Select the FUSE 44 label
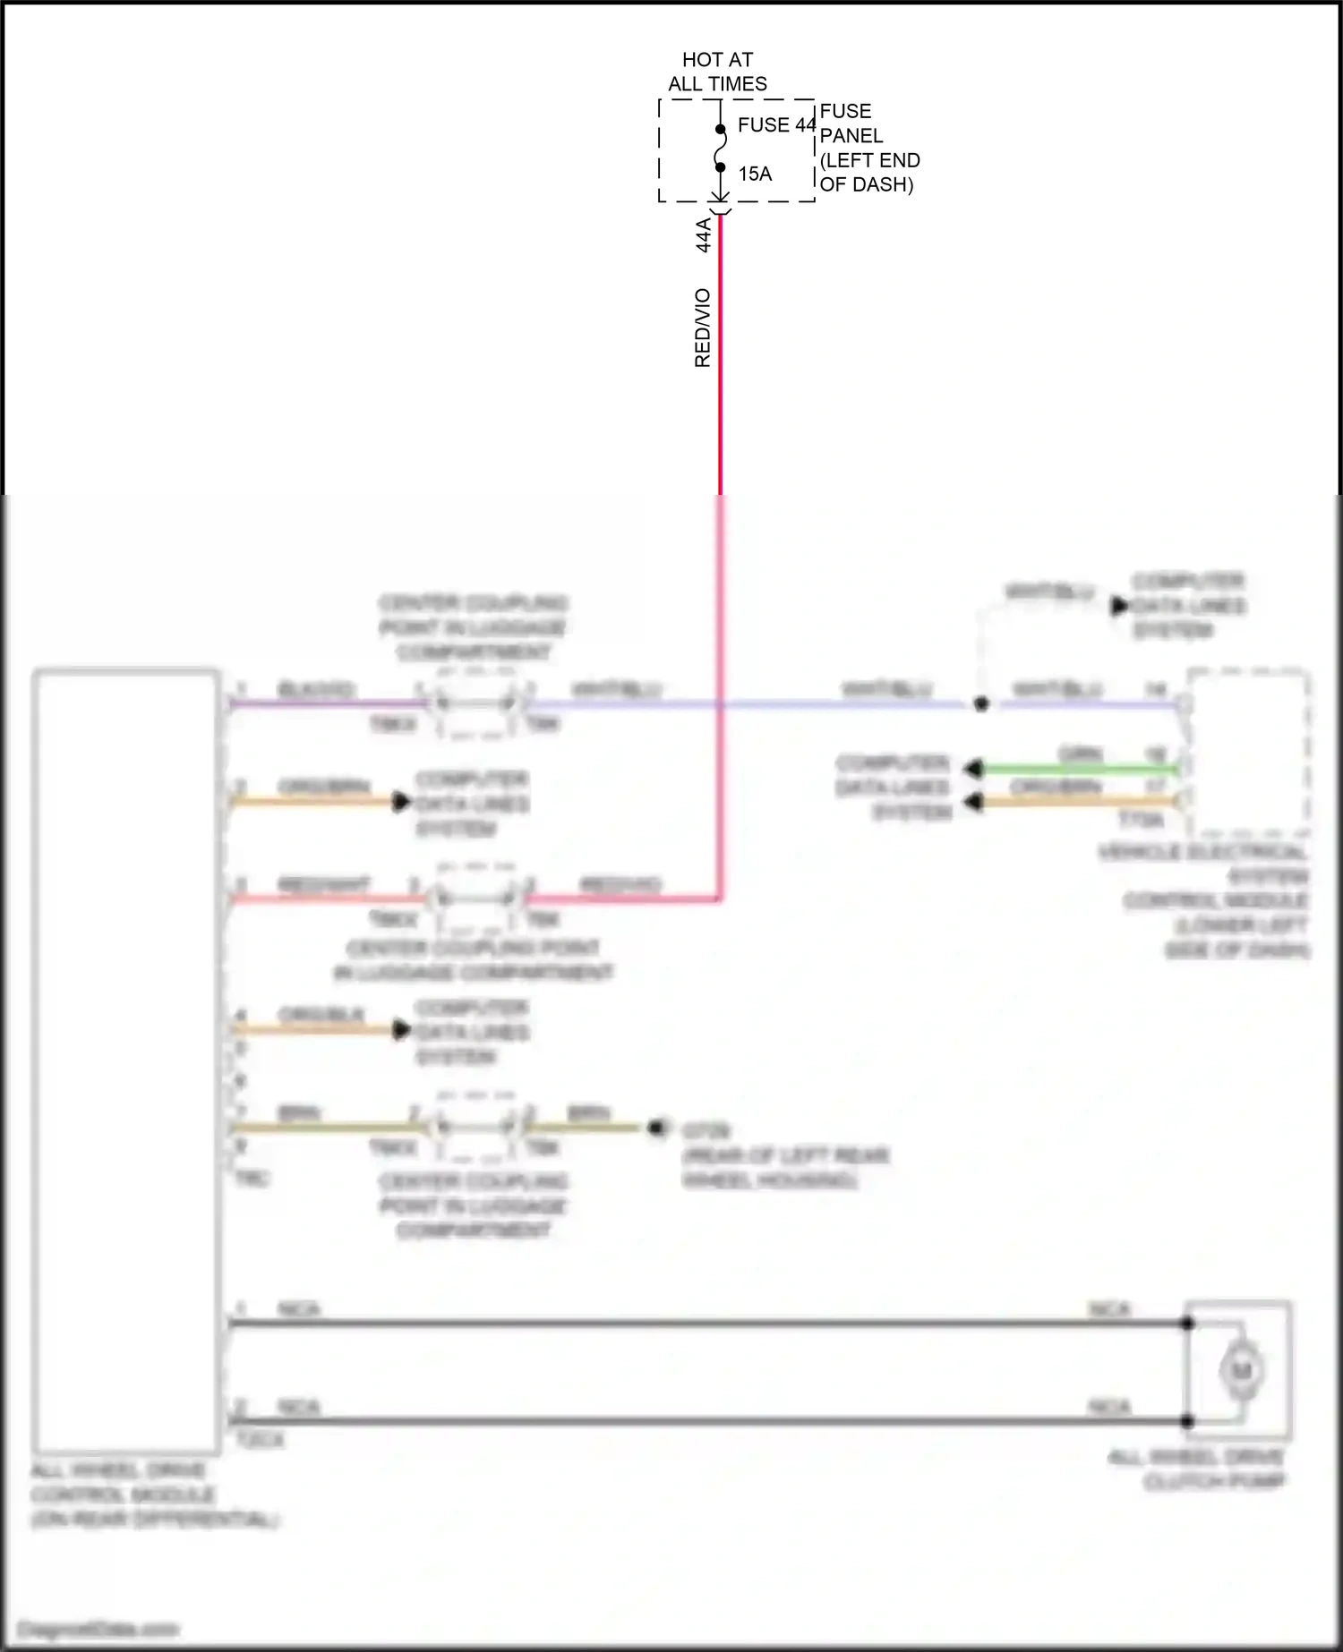pyautogui.click(x=776, y=125)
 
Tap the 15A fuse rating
pyautogui.click(x=755, y=174)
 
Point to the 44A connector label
pyautogui.click(x=704, y=234)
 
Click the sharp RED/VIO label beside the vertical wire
pyautogui.click(x=703, y=328)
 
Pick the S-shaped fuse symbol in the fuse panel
pyautogui.click(x=720, y=149)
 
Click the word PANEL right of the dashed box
pyautogui.click(x=851, y=136)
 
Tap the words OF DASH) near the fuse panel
pyautogui.click(x=866, y=184)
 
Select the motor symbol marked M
pyautogui.click(x=1240, y=1370)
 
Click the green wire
pyautogui.click(x=1074, y=769)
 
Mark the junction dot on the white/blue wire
pyautogui.click(x=981, y=704)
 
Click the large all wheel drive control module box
pyautogui.click(x=126, y=1060)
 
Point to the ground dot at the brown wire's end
pyautogui.click(x=659, y=1128)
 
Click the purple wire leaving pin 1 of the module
pyautogui.click(x=322, y=704)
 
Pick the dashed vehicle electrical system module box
pyautogui.click(x=1247, y=752)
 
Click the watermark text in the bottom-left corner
pyautogui.click(x=98, y=1629)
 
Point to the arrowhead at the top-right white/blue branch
pyautogui.click(x=1119, y=607)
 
